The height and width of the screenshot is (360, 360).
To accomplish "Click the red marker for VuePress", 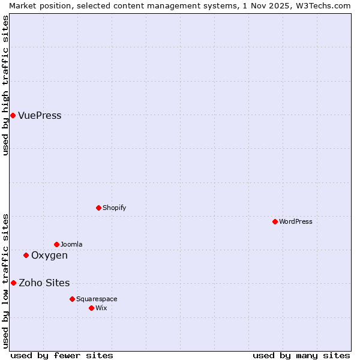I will pos(13,115).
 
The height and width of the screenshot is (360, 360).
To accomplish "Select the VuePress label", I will pos(40,116).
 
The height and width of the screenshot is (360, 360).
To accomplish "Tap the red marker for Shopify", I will pos(98,208).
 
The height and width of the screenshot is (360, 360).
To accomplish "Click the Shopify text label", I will pos(114,208).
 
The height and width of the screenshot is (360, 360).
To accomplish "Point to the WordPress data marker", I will pos(275,221).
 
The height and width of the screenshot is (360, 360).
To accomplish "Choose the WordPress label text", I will pos(295,222).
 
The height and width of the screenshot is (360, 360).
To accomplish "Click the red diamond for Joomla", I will pos(56,244).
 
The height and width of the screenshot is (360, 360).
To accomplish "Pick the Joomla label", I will pos(71,245).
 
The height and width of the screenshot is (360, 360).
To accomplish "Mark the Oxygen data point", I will pos(26,255).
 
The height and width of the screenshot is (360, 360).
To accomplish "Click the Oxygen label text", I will pos(49,256).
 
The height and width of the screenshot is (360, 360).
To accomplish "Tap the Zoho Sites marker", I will pos(13,283).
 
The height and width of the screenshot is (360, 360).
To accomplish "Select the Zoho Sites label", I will pos(44,283).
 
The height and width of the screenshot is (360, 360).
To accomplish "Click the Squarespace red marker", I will pos(72,299).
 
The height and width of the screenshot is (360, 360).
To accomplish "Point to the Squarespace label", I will pos(97,299).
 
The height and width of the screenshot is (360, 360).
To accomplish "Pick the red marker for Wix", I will pos(91,308).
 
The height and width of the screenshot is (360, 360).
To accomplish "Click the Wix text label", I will pos(101,308).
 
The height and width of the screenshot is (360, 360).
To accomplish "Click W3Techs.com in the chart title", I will pos(326,5).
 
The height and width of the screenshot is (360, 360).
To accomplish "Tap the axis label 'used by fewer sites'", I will pos(62,355).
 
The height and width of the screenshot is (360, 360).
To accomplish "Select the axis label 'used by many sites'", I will pos(301,355).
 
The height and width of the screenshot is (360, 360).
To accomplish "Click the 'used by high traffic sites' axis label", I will pos(5,85).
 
